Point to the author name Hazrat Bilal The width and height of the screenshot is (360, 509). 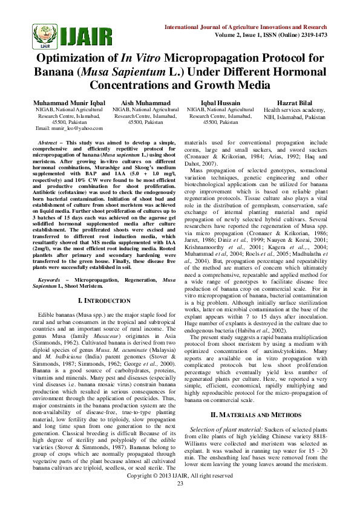point(294,103)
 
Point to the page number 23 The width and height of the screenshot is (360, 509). point(180,499)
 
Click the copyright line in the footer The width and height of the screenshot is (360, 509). point(180,493)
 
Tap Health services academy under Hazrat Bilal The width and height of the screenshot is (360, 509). point(294,110)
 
